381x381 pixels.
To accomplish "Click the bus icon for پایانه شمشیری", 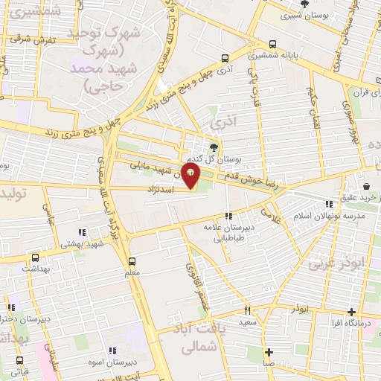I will coord(274,43).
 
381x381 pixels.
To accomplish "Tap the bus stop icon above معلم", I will coord(132,261).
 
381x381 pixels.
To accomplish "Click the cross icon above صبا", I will coord(269,352).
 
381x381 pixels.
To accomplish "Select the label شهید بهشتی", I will coord(81,243).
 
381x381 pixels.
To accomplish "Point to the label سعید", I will coord(248,323).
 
